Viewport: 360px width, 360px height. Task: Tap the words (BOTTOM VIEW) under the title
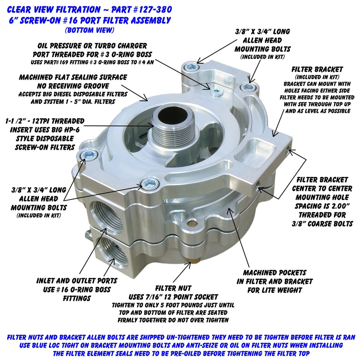coord(90,30)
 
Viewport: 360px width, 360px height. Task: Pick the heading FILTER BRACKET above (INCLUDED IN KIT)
coord(317,69)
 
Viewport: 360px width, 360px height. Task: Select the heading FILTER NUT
coord(173,288)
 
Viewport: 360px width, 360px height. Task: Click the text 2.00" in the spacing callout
coord(340,206)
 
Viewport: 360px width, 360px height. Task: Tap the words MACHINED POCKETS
coord(275,272)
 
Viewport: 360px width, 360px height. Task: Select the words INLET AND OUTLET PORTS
coord(77,281)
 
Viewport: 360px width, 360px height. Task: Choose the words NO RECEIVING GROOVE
coord(73,86)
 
